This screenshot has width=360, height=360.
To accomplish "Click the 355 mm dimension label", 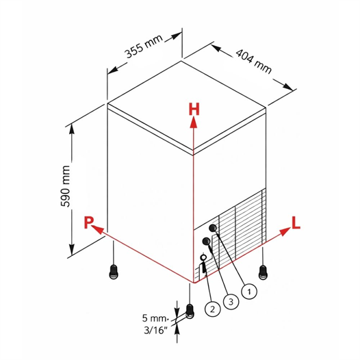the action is coord(144,47).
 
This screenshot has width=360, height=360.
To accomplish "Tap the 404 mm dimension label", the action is coord(254,61).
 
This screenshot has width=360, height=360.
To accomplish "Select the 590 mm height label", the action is coord(66,186).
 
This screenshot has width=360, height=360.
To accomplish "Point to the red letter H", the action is coord(194,110).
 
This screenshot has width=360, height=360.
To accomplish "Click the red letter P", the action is coord(88,222).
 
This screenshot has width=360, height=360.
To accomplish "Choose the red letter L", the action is coord(296,222).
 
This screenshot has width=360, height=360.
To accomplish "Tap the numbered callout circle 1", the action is coord(249,292).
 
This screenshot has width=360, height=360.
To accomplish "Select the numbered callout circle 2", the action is coord(212,309).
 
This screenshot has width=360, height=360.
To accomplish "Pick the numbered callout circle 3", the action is coord(231,301).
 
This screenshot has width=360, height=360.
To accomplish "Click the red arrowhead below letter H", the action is coord(194,122).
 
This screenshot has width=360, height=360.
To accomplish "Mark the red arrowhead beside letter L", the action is coord(285,231).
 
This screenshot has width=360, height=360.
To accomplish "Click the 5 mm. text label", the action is coord(155,318).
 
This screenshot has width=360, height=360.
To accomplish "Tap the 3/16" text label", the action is coord(155,330).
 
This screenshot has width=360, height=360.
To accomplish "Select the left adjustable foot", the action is coord(114,272).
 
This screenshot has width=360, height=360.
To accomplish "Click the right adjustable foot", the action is coord(263,272).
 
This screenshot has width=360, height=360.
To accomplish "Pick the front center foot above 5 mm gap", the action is coord(190,311).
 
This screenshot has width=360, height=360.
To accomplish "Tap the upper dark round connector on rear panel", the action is coord(213,228).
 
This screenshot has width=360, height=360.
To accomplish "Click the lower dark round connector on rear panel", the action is coord(206,241).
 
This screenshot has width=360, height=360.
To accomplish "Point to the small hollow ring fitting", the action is coord(203,257).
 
